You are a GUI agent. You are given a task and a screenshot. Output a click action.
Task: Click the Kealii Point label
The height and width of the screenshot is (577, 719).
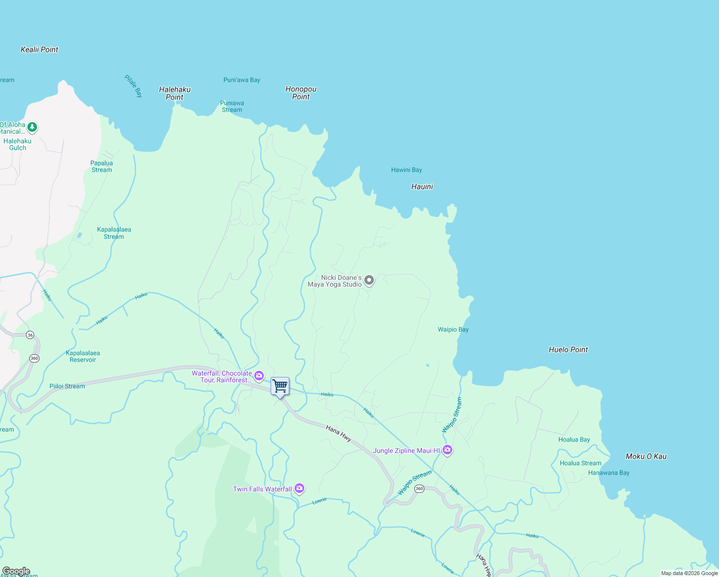[39, 50]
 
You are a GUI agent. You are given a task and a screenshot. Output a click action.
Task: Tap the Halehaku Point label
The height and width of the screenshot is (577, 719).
[175, 93]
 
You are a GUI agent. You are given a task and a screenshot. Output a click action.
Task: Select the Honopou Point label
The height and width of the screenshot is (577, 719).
[301, 93]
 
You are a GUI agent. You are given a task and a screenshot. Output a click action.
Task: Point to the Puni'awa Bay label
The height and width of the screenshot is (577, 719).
[242, 80]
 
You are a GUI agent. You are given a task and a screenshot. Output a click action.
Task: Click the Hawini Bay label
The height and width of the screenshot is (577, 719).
[407, 170]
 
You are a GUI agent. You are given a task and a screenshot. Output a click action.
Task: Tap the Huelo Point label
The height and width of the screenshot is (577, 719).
[568, 350]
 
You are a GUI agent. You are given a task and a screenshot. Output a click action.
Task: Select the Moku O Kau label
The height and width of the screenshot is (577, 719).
[646, 456]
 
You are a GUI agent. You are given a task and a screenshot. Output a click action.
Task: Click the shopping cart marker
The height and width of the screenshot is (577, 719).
[280, 386]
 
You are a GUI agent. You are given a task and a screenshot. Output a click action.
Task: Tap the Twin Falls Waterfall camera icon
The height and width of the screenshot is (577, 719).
[299, 489]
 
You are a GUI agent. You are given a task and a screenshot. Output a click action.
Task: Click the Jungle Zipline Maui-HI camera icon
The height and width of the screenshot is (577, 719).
[447, 450]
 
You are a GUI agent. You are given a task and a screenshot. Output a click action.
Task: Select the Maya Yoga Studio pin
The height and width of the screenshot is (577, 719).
[369, 280]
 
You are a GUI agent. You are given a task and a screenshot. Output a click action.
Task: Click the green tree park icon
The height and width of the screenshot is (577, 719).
[32, 127]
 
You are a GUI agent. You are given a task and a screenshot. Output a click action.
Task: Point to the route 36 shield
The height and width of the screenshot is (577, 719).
[30, 335]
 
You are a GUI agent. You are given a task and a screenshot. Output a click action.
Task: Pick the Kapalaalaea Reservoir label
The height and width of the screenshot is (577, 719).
[83, 356]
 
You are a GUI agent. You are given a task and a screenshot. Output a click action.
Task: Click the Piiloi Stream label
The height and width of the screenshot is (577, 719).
[67, 386]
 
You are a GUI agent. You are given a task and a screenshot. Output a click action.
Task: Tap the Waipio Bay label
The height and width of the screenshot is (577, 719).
[453, 329]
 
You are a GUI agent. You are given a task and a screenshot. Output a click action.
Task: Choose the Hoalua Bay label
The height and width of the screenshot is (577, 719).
[574, 439]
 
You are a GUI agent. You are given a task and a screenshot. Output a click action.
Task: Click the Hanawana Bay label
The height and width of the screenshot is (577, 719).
[608, 473]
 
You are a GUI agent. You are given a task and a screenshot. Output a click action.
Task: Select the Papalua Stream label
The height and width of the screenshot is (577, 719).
[101, 166]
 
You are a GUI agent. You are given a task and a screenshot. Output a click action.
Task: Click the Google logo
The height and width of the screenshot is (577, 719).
[16, 571]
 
